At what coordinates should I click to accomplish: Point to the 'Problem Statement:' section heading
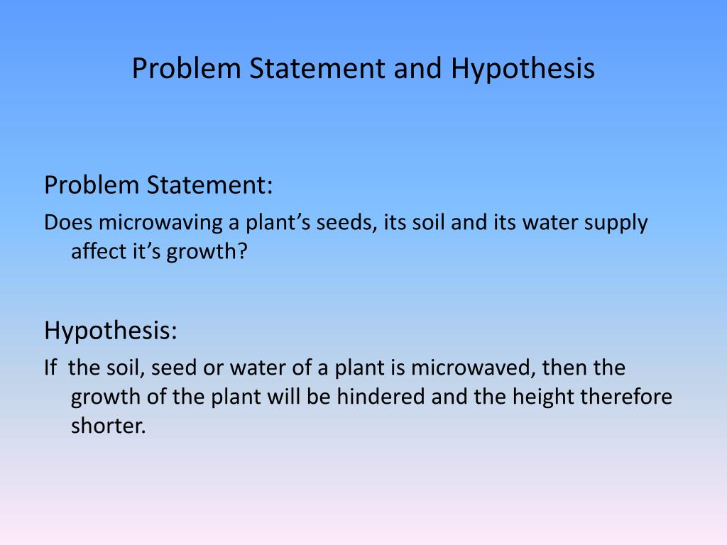click(158, 185)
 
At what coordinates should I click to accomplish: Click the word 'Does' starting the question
click(68, 223)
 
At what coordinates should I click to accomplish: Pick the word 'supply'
click(616, 223)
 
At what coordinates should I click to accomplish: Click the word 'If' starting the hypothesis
click(50, 368)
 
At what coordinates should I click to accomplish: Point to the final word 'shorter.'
click(108, 426)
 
